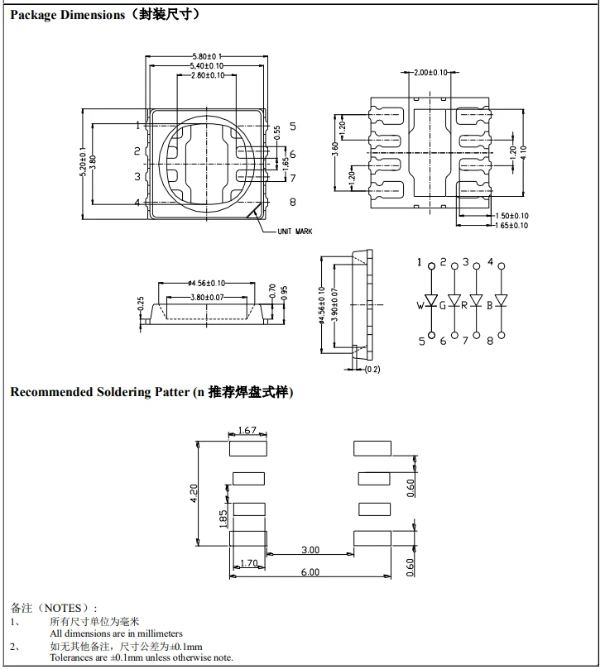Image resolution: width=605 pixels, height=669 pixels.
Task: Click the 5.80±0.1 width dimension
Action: [x=207, y=56]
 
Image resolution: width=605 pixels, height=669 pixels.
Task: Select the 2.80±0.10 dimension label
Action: [x=208, y=75]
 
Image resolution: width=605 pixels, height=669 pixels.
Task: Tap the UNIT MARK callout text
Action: [x=295, y=232]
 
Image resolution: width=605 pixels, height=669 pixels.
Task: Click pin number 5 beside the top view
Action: [x=292, y=127]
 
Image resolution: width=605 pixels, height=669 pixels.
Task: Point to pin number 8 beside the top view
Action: [x=292, y=201]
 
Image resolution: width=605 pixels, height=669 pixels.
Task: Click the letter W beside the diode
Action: [x=420, y=305]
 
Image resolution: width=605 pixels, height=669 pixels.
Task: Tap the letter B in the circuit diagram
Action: [x=489, y=305]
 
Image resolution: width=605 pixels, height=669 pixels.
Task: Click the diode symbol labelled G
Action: [x=454, y=299]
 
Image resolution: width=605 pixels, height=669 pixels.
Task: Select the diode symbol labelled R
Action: [x=476, y=299]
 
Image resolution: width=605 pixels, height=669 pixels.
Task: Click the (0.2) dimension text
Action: [x=372, y=369]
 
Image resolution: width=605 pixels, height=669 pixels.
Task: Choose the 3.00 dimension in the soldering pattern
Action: [x=310, y=550]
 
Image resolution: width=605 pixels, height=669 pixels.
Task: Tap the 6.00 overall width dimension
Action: [x=310, y=571]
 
